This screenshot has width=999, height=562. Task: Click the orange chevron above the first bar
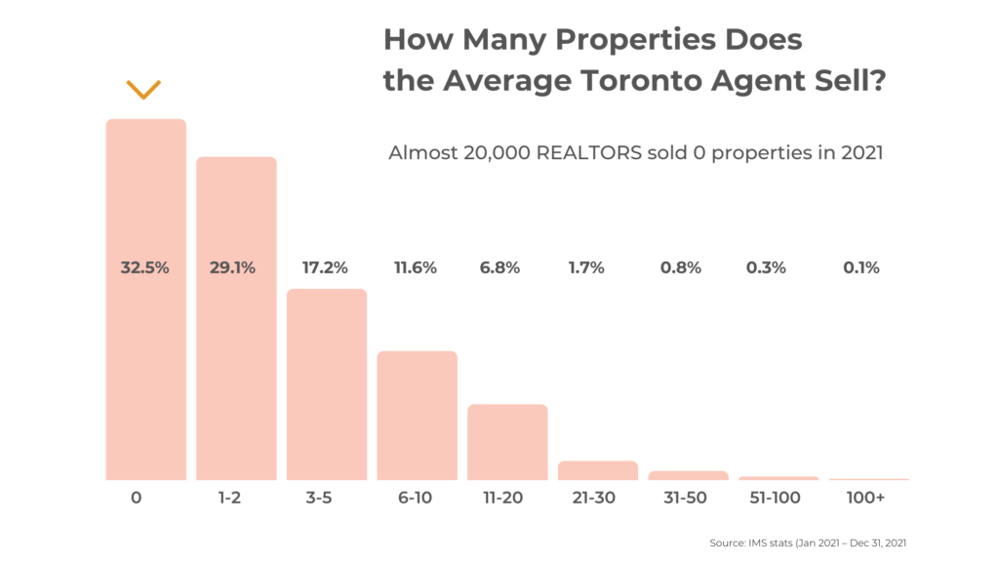(143, 90)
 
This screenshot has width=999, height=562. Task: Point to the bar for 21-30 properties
(597, 470)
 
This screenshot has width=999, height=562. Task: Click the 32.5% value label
(145, 267)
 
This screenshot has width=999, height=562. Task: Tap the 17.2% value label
(324, 267)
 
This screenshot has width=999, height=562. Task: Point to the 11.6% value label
(416, 267)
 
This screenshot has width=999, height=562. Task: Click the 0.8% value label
(681, 267)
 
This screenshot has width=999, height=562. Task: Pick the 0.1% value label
(861, 267)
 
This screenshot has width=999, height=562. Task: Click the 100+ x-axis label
(863, 499)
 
